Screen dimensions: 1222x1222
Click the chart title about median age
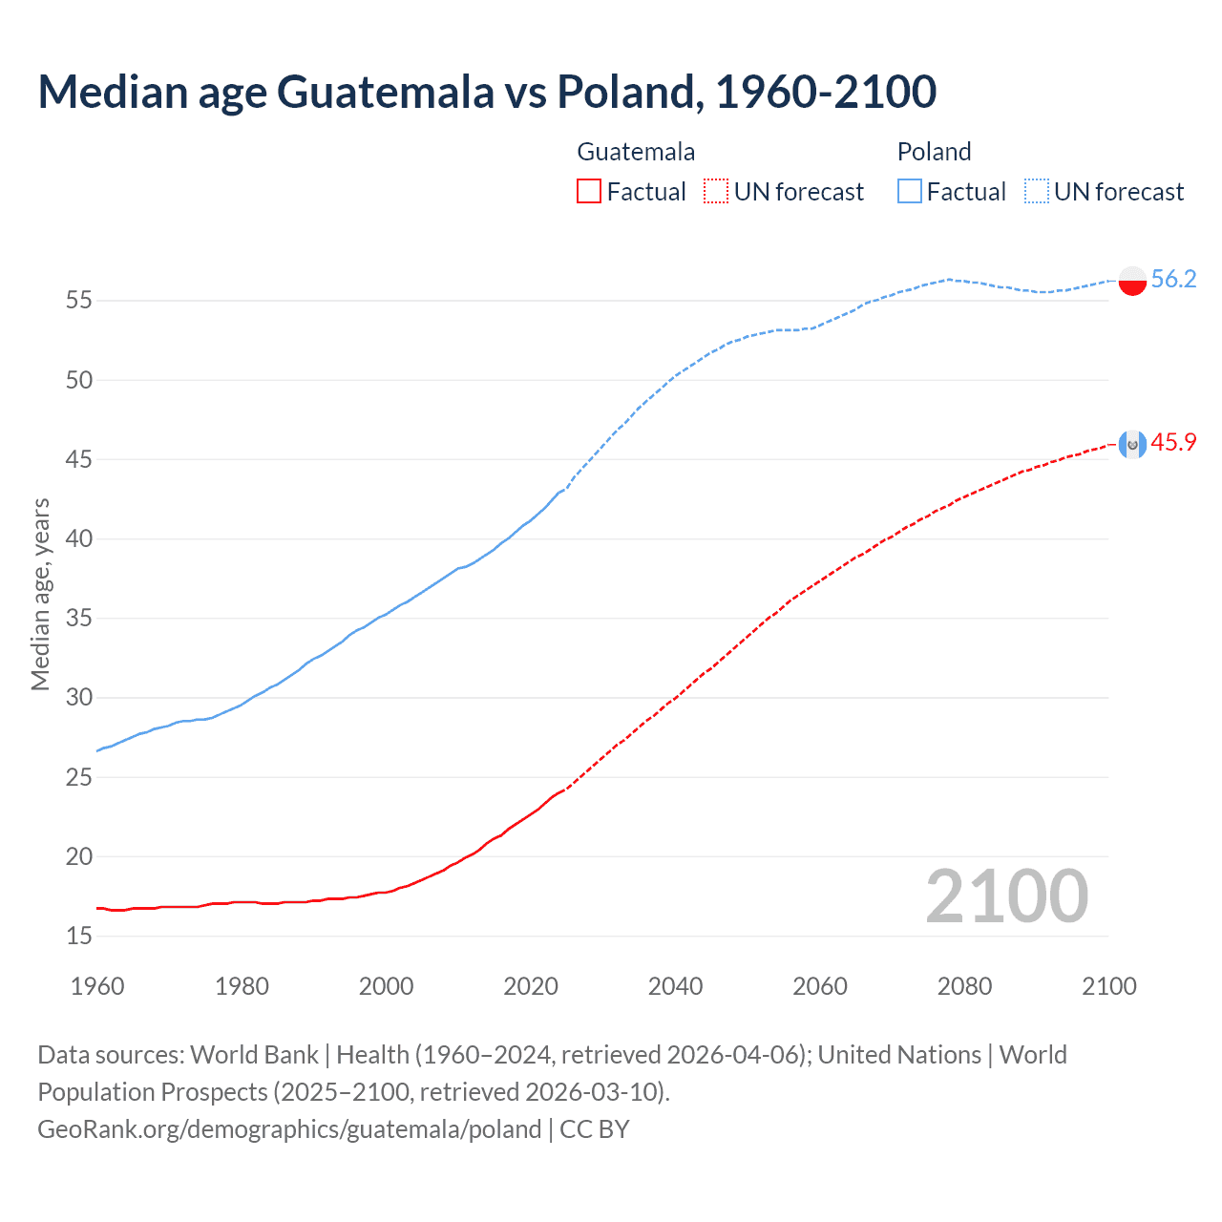(x=487, y=92)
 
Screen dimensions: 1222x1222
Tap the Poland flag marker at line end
(x=1132, y=280)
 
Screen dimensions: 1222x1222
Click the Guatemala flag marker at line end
(x=1132, y=444)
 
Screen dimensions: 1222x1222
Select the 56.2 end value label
(x=1173, y=279)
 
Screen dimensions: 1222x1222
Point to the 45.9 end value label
(x=1173, y=442)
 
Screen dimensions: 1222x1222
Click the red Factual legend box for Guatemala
(x=589, y=192)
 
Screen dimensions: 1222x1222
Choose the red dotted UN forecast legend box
(x=716, y=192)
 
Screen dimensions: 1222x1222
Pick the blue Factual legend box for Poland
(x=909, y=192)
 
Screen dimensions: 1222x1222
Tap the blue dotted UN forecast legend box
(x=1036, y=192)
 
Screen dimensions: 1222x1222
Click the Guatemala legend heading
(x=636, y=152)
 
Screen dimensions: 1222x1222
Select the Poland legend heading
(x=934, y=152)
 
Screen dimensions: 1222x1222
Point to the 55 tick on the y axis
(x=79, y=301)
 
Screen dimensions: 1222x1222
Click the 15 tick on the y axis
(x=79, y=936)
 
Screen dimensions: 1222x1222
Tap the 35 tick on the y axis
(x=79, y=619)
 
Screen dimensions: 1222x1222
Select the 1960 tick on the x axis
(x=97, y=986)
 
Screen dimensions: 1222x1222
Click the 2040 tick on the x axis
(x=675, y=986)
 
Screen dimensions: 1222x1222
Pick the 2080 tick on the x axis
(x=964, y=986)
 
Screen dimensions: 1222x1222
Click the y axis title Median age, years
(x=40, y=594)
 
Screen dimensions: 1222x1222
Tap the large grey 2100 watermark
(x=1006, y=895)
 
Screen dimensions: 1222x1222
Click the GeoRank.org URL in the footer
(x=289, y=1129)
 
